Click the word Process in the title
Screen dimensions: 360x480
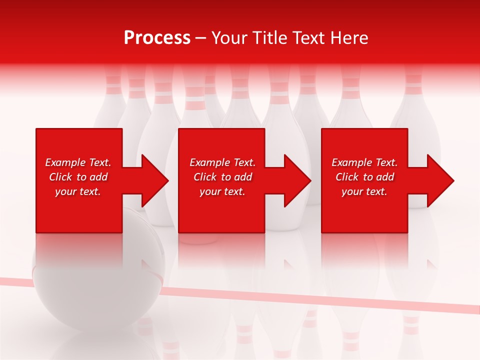click(157, 38)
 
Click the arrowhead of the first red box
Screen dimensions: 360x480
click(152, 180)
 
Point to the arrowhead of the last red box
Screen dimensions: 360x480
click(438, 180)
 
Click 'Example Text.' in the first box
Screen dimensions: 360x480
click(78, 162)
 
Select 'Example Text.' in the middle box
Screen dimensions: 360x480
click(222, 162)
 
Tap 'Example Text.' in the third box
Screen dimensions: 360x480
click(364, 162)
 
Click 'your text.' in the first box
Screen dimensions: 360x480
click(78, 191)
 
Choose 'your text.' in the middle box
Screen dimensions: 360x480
click(222, 191)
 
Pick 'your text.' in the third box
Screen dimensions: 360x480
click(364, 191)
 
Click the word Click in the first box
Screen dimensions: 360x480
click(61, 177)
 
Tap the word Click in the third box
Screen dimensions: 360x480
click(347, 177)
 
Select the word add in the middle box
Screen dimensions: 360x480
click(242, 177)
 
